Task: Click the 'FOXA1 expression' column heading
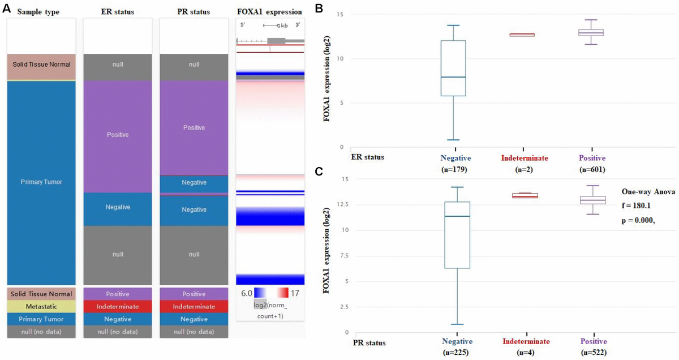(x=269, y=11)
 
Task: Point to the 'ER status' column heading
(x=118, y=11)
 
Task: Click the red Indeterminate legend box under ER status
(x=118, y=306)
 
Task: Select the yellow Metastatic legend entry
(x=41, y=306)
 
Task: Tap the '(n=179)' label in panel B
(x=455, y=169)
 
